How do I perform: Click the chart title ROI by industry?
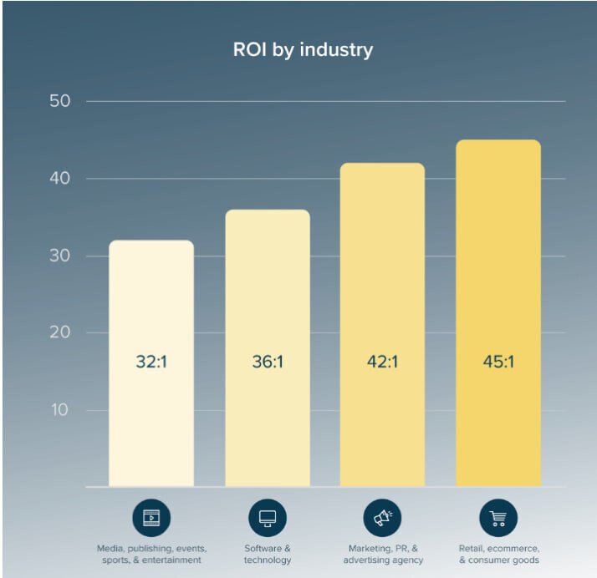[303, 49]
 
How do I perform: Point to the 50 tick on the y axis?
[59, 101]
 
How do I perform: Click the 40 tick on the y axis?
[59, 179]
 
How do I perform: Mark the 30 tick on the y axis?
[59, 256]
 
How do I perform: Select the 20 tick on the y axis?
[59, 332]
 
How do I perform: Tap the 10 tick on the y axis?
[59, 410]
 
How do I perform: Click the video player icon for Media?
[151, 518]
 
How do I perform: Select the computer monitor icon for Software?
[268, 518]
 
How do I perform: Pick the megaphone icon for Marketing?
[383, 518]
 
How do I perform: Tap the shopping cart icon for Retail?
[498, 518]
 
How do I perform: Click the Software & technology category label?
[268, 554]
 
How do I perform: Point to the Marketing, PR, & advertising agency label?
[383, 554]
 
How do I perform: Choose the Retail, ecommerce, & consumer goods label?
[498, 554]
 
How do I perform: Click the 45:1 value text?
[498, 363]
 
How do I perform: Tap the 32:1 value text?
[151, 363]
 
